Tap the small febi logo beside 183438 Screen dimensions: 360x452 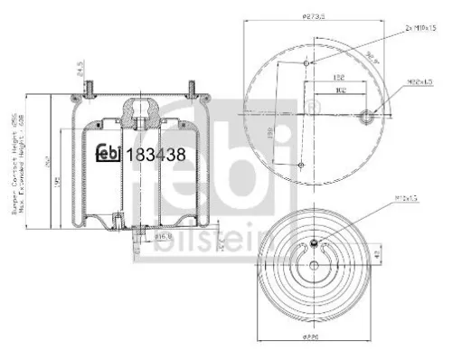coord(111,155)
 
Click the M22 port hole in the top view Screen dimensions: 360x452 coord(368,115)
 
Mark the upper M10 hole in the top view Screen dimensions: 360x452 coord(309,64)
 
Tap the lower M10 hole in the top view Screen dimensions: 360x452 coord(299,165)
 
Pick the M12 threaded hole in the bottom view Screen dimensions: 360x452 coord(313,242)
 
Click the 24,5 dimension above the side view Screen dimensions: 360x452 coord(80,71)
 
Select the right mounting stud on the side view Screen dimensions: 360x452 coord(193,87)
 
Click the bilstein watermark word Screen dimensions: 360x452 coord(218,241)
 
